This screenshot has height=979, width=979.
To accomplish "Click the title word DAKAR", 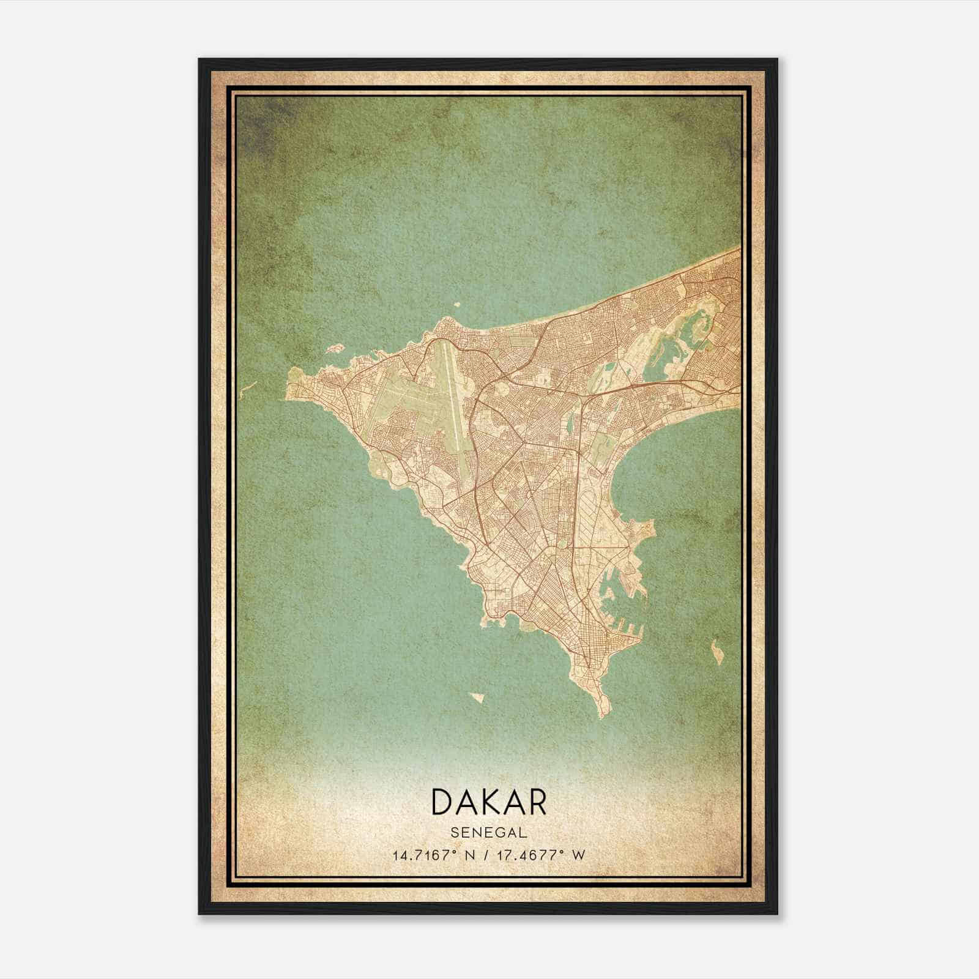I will pos(489,802).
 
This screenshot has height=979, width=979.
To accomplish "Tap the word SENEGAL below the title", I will pos(489,833).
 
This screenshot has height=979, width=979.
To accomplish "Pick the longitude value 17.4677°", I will pos(531,855).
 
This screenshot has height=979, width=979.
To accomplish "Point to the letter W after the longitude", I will pos(578,855).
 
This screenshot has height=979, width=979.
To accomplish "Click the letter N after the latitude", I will pos(471,855).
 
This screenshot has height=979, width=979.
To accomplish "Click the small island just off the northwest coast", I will pos(333,349).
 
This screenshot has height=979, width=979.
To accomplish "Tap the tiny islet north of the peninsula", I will pos(456,303).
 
